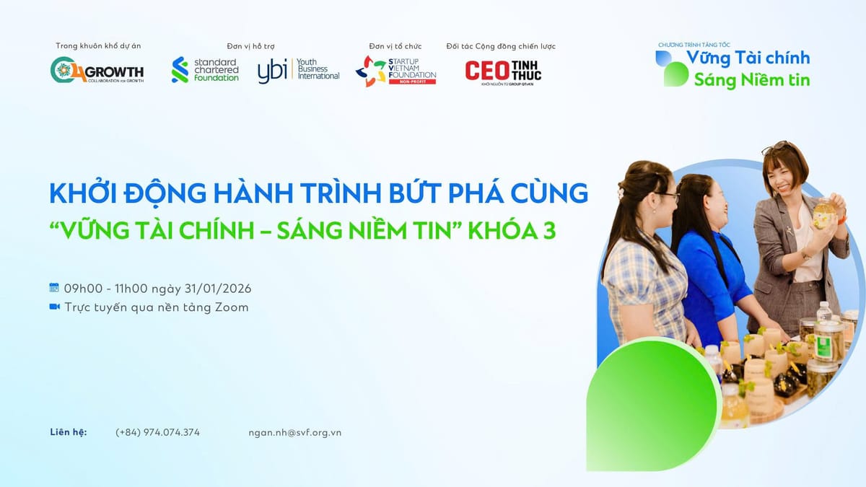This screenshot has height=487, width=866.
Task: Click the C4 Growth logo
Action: point(97,70)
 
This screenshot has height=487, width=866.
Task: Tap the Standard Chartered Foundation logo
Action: point(205,70)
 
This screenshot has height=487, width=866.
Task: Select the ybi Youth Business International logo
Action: point(298,70)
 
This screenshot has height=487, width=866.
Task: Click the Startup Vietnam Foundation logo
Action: point(395,71)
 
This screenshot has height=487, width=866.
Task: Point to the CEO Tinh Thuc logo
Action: point(503,71)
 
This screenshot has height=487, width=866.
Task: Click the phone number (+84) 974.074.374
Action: point(157,432)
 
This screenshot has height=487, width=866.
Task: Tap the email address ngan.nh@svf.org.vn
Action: point(294,432)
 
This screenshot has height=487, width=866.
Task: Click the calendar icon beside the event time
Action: point(53,288)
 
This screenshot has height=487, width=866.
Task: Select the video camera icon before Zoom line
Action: point(53,307)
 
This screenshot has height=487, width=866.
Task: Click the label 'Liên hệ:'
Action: point(69,432)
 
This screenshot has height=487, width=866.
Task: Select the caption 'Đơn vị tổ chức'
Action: point(395,46)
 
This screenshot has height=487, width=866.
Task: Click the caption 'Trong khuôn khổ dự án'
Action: point(98,46)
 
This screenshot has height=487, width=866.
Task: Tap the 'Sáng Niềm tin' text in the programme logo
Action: point(751,79)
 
